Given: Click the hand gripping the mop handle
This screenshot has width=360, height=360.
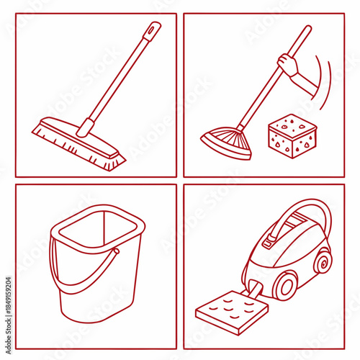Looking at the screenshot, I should (x=289, y=67).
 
